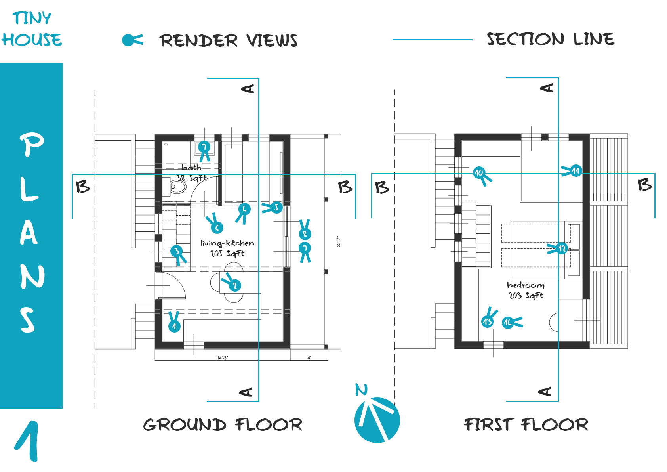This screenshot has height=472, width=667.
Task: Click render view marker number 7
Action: tap(204, 147)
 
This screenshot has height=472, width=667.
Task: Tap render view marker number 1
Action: tap(174, 326)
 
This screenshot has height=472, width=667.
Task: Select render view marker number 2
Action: tap(234, 285)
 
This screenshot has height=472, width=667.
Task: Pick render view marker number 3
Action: tap(177, 251)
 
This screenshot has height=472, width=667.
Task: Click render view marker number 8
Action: tap(305, 233)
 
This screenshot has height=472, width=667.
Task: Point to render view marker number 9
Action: tap(305, 248)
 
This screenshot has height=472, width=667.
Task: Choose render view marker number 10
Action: tap(479, 173)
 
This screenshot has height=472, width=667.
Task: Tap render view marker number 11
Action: tap(576, 171)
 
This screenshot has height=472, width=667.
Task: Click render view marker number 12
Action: tap(562, 249)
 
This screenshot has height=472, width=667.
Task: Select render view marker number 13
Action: tap(488, 321)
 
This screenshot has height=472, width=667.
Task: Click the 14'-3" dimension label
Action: tap(222, 358)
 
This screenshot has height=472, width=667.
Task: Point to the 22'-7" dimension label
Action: tap(339, 242)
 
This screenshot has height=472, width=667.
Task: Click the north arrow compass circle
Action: tap(377, 420)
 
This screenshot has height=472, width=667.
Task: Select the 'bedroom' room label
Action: tap(526, 285)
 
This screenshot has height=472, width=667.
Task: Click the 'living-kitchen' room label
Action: tap(227, 243)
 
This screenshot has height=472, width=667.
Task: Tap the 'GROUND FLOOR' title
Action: tap(223, 425)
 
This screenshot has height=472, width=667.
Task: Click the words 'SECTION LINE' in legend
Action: tap(551, 39)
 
